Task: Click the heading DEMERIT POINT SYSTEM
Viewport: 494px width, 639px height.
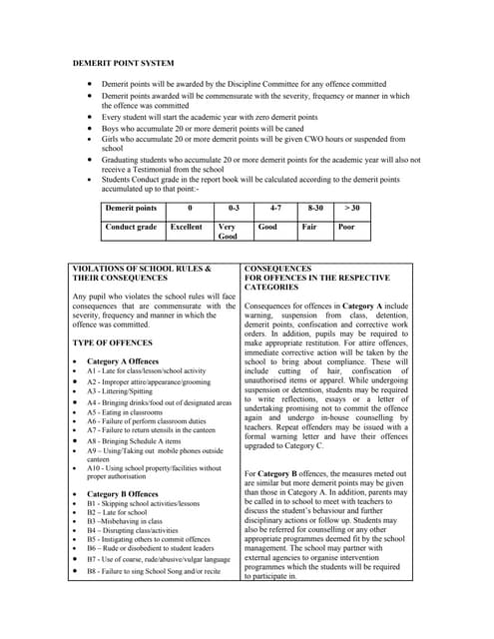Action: coord(124,63)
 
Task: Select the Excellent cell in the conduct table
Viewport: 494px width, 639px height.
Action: coord(186,227)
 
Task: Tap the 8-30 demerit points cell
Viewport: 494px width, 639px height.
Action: coord(315,208)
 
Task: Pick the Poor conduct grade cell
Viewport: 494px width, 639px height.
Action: coord(346,227)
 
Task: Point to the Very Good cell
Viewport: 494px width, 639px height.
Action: coord(228,232)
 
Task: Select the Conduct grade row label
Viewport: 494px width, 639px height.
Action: coord(131,227)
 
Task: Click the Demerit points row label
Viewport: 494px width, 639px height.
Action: coord(131,208)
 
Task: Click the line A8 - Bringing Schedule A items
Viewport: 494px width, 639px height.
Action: coord(139,440)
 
